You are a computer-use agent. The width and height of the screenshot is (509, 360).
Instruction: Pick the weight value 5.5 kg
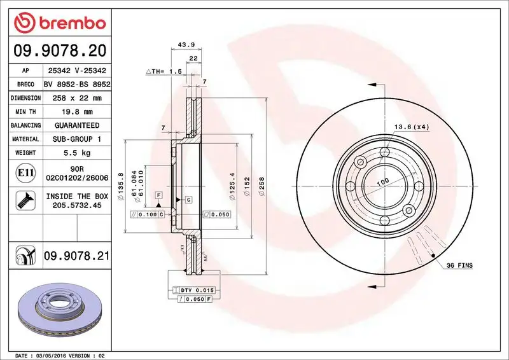tap(77, 153)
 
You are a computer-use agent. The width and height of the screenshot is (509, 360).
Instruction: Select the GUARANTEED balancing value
tap(77, 125)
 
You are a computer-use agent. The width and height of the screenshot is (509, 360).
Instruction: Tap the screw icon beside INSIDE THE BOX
tap(24, 201)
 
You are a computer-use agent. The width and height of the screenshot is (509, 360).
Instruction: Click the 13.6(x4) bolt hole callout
tap(411, 127)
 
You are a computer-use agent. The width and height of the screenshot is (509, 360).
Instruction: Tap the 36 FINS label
tap(459, 265)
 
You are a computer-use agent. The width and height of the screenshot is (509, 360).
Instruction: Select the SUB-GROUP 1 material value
tap(77, 139)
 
